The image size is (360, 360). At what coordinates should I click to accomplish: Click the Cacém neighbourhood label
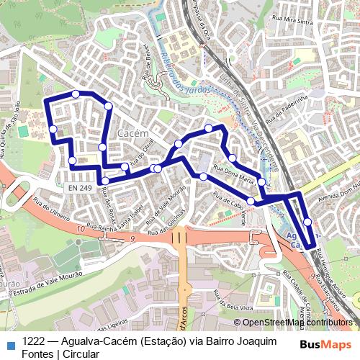point(132,134)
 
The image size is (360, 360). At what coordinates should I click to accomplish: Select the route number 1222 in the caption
point(35,343)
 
